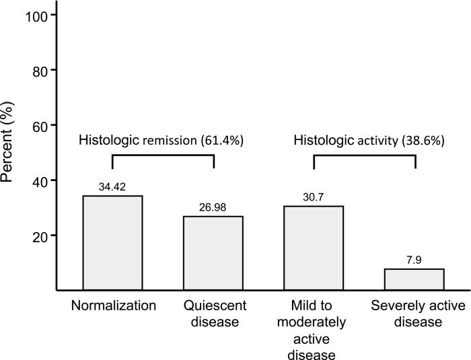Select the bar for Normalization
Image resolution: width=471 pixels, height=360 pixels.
point(112,243)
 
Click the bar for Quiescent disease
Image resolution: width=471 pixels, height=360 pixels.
point(213,253)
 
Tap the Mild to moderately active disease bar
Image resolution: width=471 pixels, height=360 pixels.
point(314,248)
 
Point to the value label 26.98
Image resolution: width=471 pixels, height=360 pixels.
point(213,209)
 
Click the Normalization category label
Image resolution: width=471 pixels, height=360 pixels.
point(112,305)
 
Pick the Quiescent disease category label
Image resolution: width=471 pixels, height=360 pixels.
point(213,313)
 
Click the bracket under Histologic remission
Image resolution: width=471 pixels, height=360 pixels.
point(162,155)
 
